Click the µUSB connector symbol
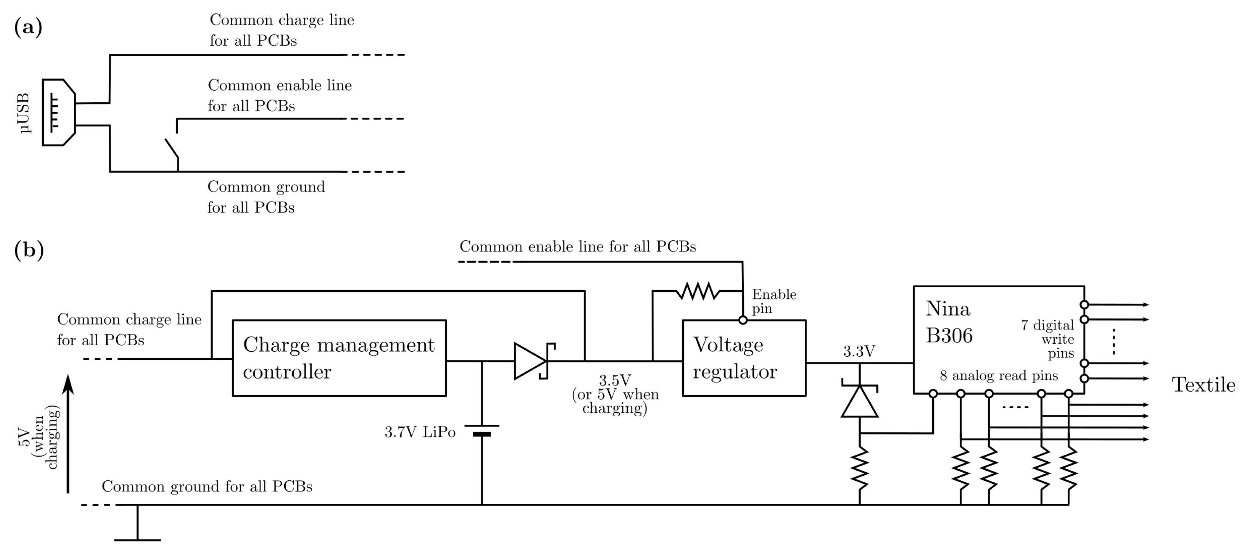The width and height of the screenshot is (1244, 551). [x=58, y=112]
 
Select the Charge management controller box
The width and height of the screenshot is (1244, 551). [x=339, y=358]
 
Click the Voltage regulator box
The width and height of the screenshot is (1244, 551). [x=744, y=358]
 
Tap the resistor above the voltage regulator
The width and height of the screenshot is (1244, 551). [x=698, y=291]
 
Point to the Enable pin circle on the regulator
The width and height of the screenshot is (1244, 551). [x=743, y=320]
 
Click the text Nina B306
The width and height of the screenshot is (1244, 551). [x=948, y=322]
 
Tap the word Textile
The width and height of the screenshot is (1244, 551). [x=1203, y=385]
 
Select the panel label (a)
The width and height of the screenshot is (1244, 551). [x=28, y=27]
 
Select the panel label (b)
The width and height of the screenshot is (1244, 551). [x=29, y=250]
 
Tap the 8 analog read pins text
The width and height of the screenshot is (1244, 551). [x=998, y=376]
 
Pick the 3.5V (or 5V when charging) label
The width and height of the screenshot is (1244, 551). [x=615, y=394]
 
